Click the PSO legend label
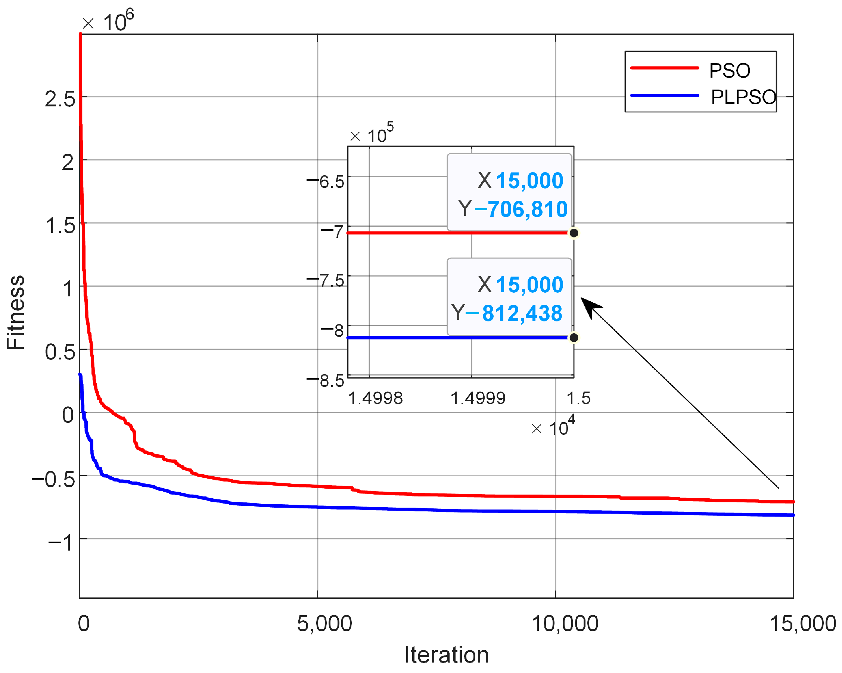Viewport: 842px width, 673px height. [730, 71]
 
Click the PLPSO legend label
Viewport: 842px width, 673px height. [743, 97]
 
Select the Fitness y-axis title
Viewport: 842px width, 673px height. [16, 312]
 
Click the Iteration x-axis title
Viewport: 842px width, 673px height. [446, 655]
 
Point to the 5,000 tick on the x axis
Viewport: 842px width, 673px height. [324, 623]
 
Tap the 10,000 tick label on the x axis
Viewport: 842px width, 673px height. [565, 623]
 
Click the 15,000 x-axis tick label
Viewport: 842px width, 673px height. [802, 623]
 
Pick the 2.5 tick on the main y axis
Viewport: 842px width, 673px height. [60, 99]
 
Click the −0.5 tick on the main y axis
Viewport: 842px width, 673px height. [53, 479]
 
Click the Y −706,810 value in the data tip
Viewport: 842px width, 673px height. [521, 209]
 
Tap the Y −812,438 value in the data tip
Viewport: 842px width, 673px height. [513, 313]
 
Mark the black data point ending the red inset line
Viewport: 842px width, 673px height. [574, 233]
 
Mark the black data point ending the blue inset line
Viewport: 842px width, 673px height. [574, 338]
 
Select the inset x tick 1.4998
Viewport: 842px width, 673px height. [375, 399]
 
